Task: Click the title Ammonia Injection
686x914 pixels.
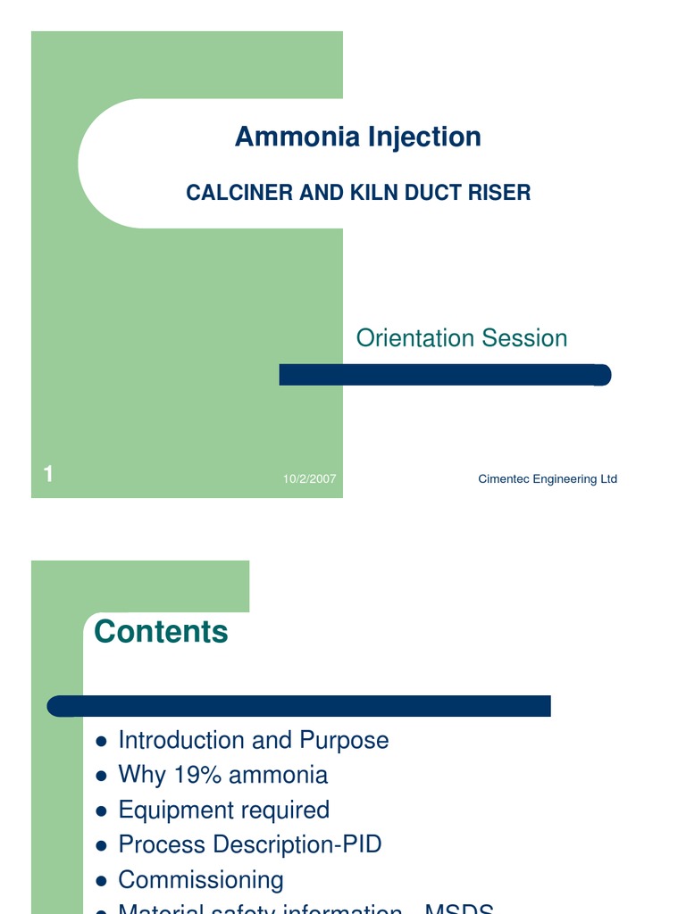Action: [x=357, y=137]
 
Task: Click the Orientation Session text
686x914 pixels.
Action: [x=461, y=338]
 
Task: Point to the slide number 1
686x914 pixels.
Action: [x=49, y=476]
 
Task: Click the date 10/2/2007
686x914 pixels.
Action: [x=309, y=479]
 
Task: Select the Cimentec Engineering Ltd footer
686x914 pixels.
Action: [x=548, y=479]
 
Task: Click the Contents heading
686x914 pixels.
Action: [x=161, y=632]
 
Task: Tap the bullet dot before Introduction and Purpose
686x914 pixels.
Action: [x=101, y=741]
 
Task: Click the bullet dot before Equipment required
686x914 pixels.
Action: [x=101, y=810]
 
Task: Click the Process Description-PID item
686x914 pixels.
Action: [x=250, y=844]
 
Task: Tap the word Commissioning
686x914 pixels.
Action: [x=201, y=880]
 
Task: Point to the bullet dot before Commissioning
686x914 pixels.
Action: [x=101, y=880]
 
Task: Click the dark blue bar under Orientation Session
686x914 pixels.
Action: [x=445, y=375]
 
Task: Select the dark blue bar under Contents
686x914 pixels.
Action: [x=299, y=706]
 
